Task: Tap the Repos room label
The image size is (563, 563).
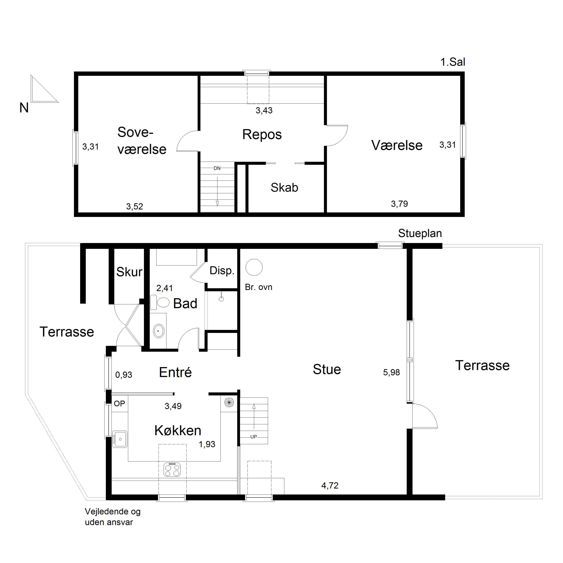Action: (x=262, y=135)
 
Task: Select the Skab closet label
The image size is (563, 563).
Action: (x=285, y=187)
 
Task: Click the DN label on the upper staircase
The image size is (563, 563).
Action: (x=217, y=168)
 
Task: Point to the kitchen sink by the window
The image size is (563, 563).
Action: (x=120, y=439)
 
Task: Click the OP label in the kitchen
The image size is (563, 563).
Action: (x=120, y=403)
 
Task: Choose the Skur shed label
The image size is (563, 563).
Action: (x=129, y=272)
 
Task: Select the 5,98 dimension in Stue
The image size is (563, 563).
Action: (x=391, y=372)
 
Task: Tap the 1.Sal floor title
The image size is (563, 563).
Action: (x=452, y=62)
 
